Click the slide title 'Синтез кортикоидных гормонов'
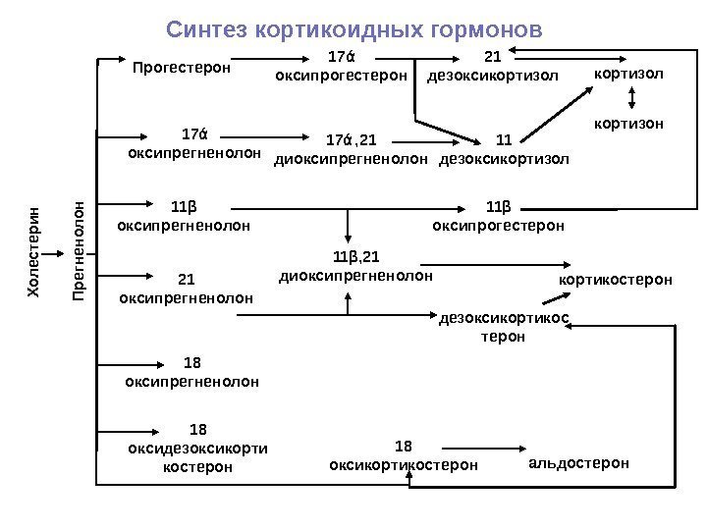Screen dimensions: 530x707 353,29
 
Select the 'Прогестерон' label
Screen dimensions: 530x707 182,68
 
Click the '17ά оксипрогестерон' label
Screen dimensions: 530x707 341,66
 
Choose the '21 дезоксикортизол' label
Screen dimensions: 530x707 492,66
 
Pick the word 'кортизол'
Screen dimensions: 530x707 629,74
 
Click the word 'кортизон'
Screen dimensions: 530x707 629,125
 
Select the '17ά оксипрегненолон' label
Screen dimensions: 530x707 194,143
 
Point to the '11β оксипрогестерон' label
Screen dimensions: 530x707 499,217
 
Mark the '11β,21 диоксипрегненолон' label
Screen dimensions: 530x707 355,266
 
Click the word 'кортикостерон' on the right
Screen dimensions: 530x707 616,281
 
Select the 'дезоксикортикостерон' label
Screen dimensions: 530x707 504,327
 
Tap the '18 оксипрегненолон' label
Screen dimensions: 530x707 192,372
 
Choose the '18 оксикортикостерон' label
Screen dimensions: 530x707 404,455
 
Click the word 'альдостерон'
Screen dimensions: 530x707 578,462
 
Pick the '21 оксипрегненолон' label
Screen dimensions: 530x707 186,287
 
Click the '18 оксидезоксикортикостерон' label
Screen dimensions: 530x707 197,449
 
